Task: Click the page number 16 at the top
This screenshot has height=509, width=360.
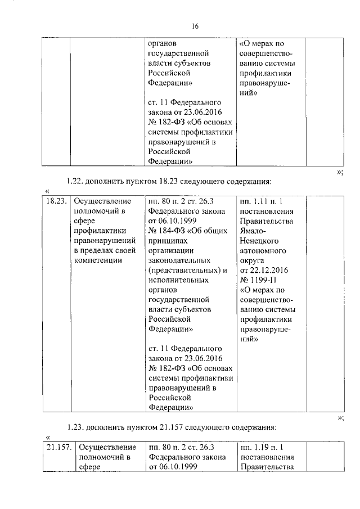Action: pyautogui.click(x=195, y=26)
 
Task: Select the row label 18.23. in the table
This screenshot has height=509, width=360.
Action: pyautogui.click(x=56, y=201)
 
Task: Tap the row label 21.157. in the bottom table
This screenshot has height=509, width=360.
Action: pyautogui.click(x=58, y=447)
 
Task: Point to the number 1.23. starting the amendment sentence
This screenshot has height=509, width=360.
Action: pyautogui.click(x=76, y=426)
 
